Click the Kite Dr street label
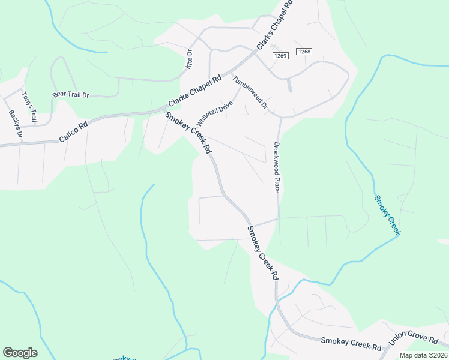tap(189, 59)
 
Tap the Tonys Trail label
tap(29, 107)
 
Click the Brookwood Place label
tap(277, 167)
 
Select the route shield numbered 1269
tap(281, 56)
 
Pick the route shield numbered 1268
tap(304, 52)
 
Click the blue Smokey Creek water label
tap(387, 215)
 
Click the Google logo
tap(20, 353)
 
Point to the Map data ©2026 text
tap(424, 355)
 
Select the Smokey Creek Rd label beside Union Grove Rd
tap(351, 344)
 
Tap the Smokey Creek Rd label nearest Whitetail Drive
tap(189, 133)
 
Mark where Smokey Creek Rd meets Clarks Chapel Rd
tap(165, 110)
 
